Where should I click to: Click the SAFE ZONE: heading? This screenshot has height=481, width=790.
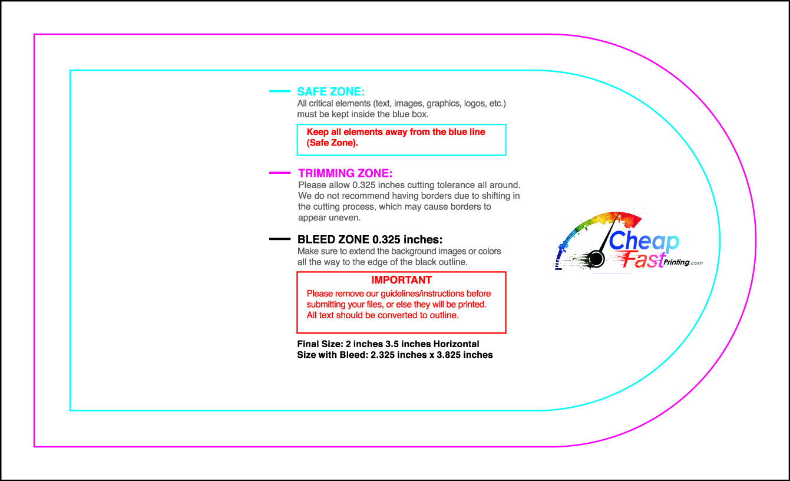click(330, 92)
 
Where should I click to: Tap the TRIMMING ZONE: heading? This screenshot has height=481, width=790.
click(345, 173)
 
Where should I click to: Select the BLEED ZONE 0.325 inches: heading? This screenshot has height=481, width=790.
click(369, 239)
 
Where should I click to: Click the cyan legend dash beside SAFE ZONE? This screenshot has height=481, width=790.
click(279, 91)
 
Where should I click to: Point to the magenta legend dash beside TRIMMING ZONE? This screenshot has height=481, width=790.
click(279, 173)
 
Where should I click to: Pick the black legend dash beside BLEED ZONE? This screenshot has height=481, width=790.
click(279, 239)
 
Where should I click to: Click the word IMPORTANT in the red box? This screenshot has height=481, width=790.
click(401, 280)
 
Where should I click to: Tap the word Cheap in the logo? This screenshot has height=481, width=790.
click(643, 241)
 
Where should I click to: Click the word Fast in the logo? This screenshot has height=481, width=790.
click(639, 260)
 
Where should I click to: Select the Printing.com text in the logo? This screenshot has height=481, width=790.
click(683, 262)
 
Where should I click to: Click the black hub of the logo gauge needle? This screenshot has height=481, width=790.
click(596, 258)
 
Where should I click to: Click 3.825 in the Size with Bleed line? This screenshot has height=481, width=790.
click(440, 355)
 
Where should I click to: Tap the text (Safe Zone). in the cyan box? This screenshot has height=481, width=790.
click(332, 143)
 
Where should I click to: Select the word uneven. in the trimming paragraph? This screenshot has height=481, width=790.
click(345, 218)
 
